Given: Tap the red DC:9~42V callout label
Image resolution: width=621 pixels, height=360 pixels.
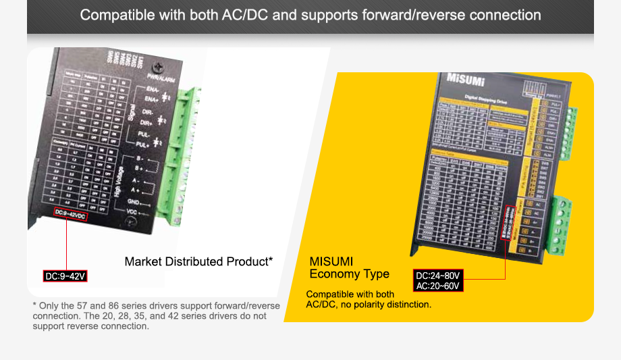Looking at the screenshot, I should pyautogui.click(x=66, y=276).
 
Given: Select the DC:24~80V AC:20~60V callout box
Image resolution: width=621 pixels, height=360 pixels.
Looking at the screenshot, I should pyautogui.click(x=438, y=281).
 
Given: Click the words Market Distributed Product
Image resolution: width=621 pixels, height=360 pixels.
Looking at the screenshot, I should pyautogui.click(x=198, y=261).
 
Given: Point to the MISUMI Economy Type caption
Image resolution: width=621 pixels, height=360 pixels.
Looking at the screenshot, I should pyautogui.click(x=349, y=267).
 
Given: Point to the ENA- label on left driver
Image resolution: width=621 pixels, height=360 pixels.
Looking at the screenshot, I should pyautogui.click(x=152, y=89).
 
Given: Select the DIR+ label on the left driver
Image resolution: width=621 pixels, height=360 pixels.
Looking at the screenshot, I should pyautogui.click(x=145, y=122).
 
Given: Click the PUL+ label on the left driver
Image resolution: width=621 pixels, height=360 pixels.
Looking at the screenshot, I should pyautogui.click(x=142, y=144).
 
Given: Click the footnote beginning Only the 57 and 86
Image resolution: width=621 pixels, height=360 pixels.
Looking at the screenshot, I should pyautogui.click(x=156, y=316).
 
